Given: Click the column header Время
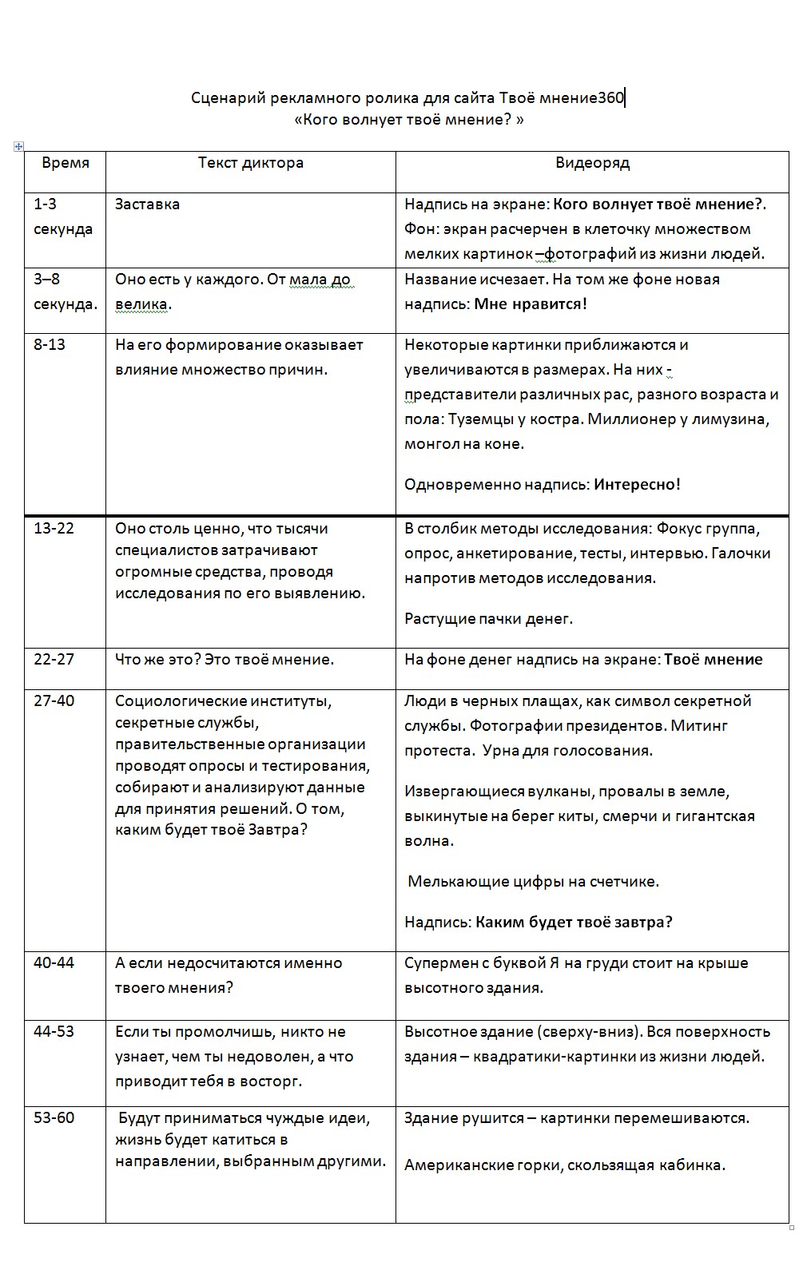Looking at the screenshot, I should point(66,163).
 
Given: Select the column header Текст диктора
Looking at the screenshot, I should point(251,163).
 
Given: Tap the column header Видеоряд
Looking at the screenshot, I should point(593,163).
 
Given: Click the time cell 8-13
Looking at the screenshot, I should point(50,345).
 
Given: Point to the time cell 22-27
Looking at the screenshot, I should point(54,660).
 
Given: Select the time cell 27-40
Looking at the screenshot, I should point(54,701).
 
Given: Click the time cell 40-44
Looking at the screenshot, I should point(54,963).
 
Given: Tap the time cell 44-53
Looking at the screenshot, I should point(54,1032).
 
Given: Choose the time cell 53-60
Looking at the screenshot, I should point(54,1118).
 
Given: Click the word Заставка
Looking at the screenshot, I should point(147,204).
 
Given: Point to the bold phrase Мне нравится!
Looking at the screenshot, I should point(531,304).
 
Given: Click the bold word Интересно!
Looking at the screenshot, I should point(637,485).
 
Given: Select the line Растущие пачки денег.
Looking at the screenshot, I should point(488,619).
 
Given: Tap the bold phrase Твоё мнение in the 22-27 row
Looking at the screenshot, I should point(714,660).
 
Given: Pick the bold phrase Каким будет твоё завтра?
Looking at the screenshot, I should point(574,923).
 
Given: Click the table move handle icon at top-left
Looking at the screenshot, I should point(18,146).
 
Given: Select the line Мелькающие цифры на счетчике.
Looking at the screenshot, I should point(533,882).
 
